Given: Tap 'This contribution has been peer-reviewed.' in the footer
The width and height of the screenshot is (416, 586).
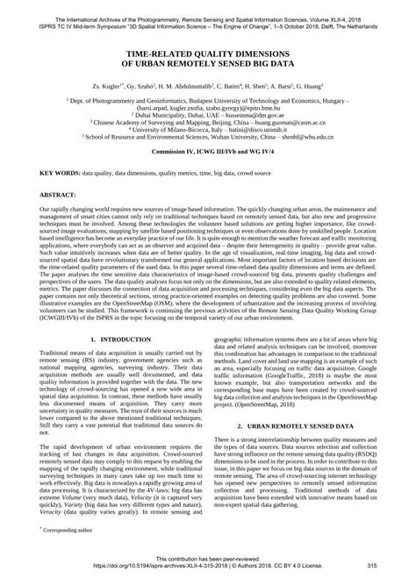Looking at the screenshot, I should tap(208, 560).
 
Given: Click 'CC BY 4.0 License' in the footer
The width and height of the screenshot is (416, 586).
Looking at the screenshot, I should tap(317, 568).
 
